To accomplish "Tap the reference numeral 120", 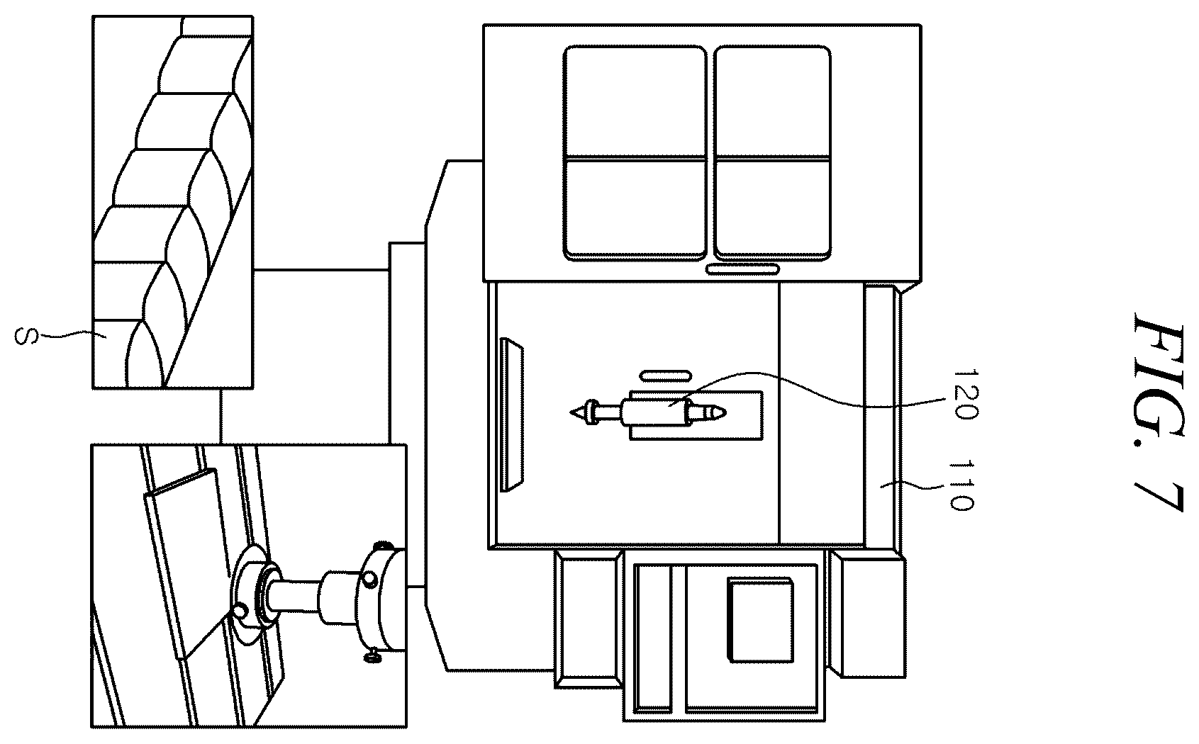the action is pos(966,394).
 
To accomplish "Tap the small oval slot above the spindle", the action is pos(665,376).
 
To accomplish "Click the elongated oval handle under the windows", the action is pos(742,269).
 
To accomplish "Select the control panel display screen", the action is pos(760,620).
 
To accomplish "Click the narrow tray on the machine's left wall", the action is pos(511,415).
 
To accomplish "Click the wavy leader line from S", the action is pos(70,335).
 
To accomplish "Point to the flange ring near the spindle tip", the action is pos(591,412).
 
